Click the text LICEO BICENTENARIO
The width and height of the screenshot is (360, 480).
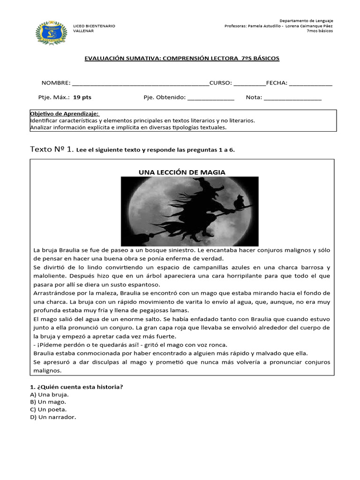pos(94,26)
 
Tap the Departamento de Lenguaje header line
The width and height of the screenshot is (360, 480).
pos(306,21)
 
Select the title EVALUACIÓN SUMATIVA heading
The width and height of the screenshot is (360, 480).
pos(181,58)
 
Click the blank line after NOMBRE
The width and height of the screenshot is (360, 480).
pos(141,83)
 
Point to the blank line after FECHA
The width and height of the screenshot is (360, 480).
pos(311,83)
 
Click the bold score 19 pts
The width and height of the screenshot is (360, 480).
pos(82,97)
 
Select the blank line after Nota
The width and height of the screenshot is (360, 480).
pos(293,98)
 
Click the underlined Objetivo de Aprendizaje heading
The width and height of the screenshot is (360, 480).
pos(65,114)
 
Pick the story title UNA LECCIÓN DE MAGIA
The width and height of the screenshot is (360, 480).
pos(182,172)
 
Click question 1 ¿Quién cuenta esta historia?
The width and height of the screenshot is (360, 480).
pos(76,387)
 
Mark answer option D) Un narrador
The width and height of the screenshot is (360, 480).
pos(52,417)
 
